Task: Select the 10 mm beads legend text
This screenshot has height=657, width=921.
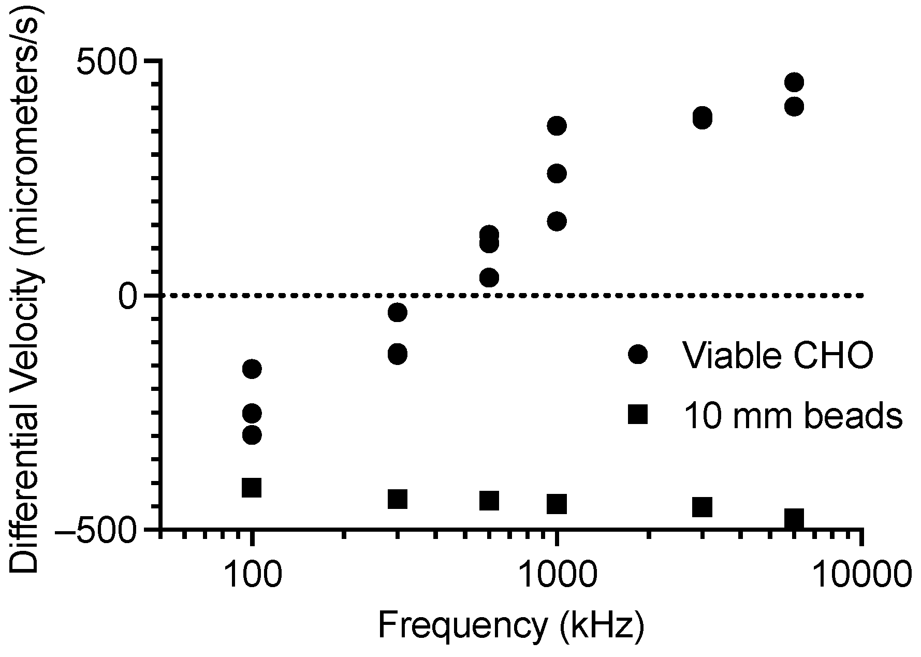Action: (793, 415)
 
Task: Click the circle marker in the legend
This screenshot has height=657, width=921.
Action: (638, 355)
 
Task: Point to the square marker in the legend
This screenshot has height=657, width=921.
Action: (638, 414)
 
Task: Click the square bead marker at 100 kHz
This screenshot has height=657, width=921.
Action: (252, 488)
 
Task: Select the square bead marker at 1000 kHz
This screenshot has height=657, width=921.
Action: (557, 503)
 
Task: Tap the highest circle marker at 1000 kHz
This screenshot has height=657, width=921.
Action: (557, 126)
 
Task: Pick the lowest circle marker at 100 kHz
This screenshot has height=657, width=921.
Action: (252, 435)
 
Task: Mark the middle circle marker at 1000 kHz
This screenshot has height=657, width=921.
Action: (557, 173)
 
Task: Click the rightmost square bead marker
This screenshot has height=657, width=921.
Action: (794, 518)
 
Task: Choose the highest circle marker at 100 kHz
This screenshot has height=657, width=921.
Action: (252, 369)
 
